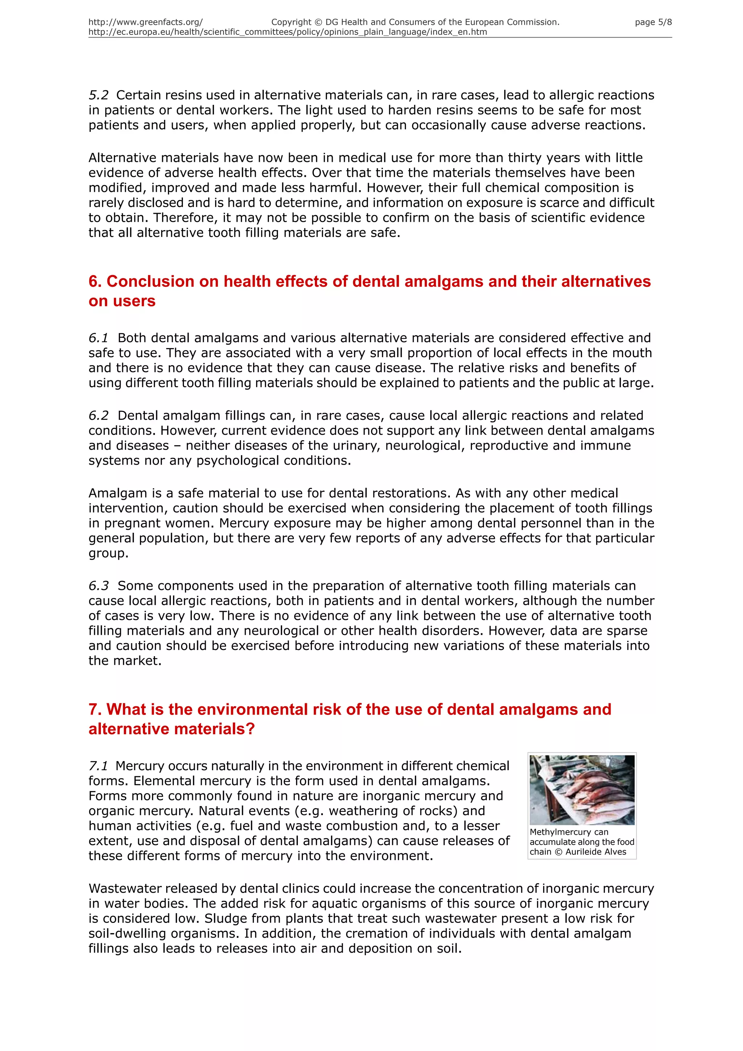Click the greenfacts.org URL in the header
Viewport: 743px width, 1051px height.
tap(145, 22)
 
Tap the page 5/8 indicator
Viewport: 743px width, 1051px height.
tap(653, 22)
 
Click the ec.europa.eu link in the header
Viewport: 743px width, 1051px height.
tap(287, 32)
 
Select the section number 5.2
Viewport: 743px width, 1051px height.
tap(99, 95)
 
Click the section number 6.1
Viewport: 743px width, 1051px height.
tap(98, 338)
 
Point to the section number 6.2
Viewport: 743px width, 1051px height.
tap(99, 416)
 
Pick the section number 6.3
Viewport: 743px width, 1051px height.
tap(99, 586)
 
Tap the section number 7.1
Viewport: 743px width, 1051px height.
tap(98, 766)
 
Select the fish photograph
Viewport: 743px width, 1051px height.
tap(582, 790)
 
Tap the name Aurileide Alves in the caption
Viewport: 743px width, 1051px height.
tap(596, 852)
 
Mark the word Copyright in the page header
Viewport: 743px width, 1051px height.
tap(291, 22)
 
